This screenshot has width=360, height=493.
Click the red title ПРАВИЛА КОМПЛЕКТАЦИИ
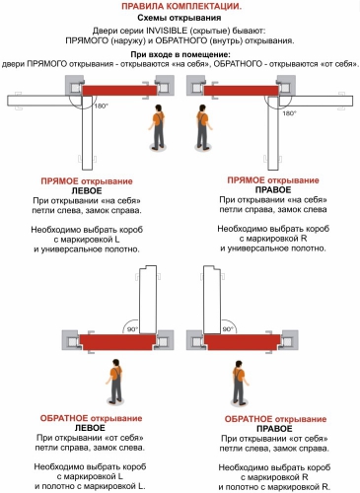pyautogui.click(x=181, y=7)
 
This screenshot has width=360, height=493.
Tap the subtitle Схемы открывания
pyautogui.click(x=179, y=18)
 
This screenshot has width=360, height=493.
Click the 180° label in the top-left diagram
pyautogui.click(x=101, y=106)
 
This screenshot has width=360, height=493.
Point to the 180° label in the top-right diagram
pyautogui.click(x=289, y=113)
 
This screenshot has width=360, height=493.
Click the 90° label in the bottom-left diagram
pyautogui.click(x=132, y=329)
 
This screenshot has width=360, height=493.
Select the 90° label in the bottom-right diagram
pyautogui.click(x=228, y=329)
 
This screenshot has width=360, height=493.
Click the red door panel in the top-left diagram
pyautogui.click(x=119, y=91)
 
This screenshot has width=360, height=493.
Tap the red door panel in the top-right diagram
pyautogui.click(x=241, y=91)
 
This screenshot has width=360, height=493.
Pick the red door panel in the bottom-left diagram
pyautogui.click(x=117, y=342)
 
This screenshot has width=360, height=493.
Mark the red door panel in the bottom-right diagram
pyautogui.click(x=243, y=342)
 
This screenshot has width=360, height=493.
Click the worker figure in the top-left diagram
pyautogui.click(x=158, y=127)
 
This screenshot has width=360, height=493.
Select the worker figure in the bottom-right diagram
pyautogui.click(x=239, y=383)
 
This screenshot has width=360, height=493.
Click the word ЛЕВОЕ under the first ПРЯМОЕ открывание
pyautogui.click(x=87, y=190)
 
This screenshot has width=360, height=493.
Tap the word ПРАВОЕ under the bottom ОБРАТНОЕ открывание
pyautogui.click(x=274, y=429)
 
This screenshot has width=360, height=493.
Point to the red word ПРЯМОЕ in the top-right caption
pyautogui.click(x=246, y=180)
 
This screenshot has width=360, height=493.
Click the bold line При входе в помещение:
pyautogui.click(x=180, y=54)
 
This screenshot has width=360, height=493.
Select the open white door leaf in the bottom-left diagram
pyautogui.click(x=148, y=300)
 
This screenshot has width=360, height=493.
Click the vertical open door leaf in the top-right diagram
pyautogui.click(x=273, y=133)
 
